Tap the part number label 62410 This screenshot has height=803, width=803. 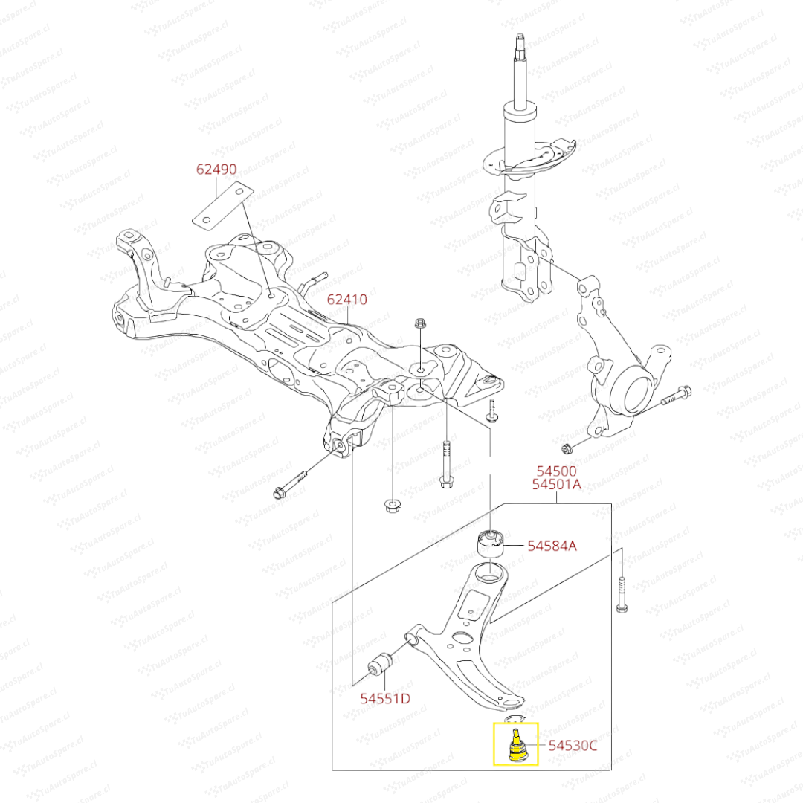pyautogui.click(x=347, y=300)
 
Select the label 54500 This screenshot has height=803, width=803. pyautogui.click(x=557, y=471)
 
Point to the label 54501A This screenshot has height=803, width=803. pyautogui.click(x=557, y=486)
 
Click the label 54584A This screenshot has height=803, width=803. pyautogui.click(x=552, y=546)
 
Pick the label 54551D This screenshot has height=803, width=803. pyautogui.click(x=386, y=698)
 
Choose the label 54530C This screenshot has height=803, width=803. pyautogui.click(x=573, y=745)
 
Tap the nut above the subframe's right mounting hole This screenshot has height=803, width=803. pyautogui.click(x=419, y=323)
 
